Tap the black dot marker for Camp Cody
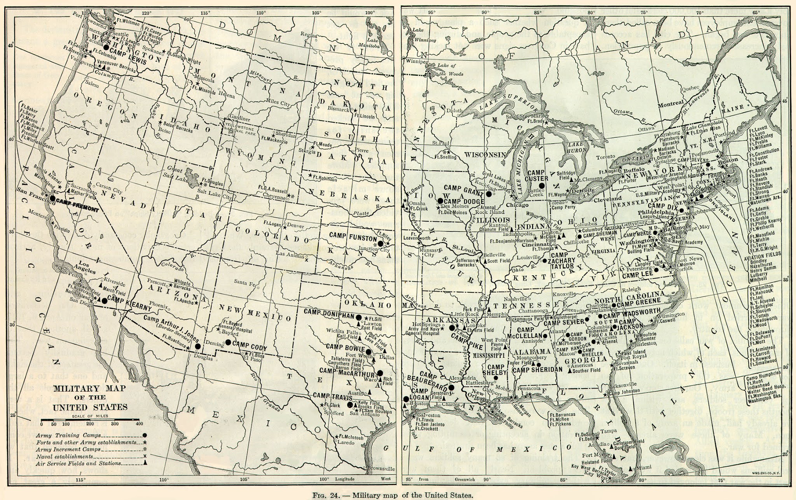pos(229,343)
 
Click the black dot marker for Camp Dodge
pos(440,201)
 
